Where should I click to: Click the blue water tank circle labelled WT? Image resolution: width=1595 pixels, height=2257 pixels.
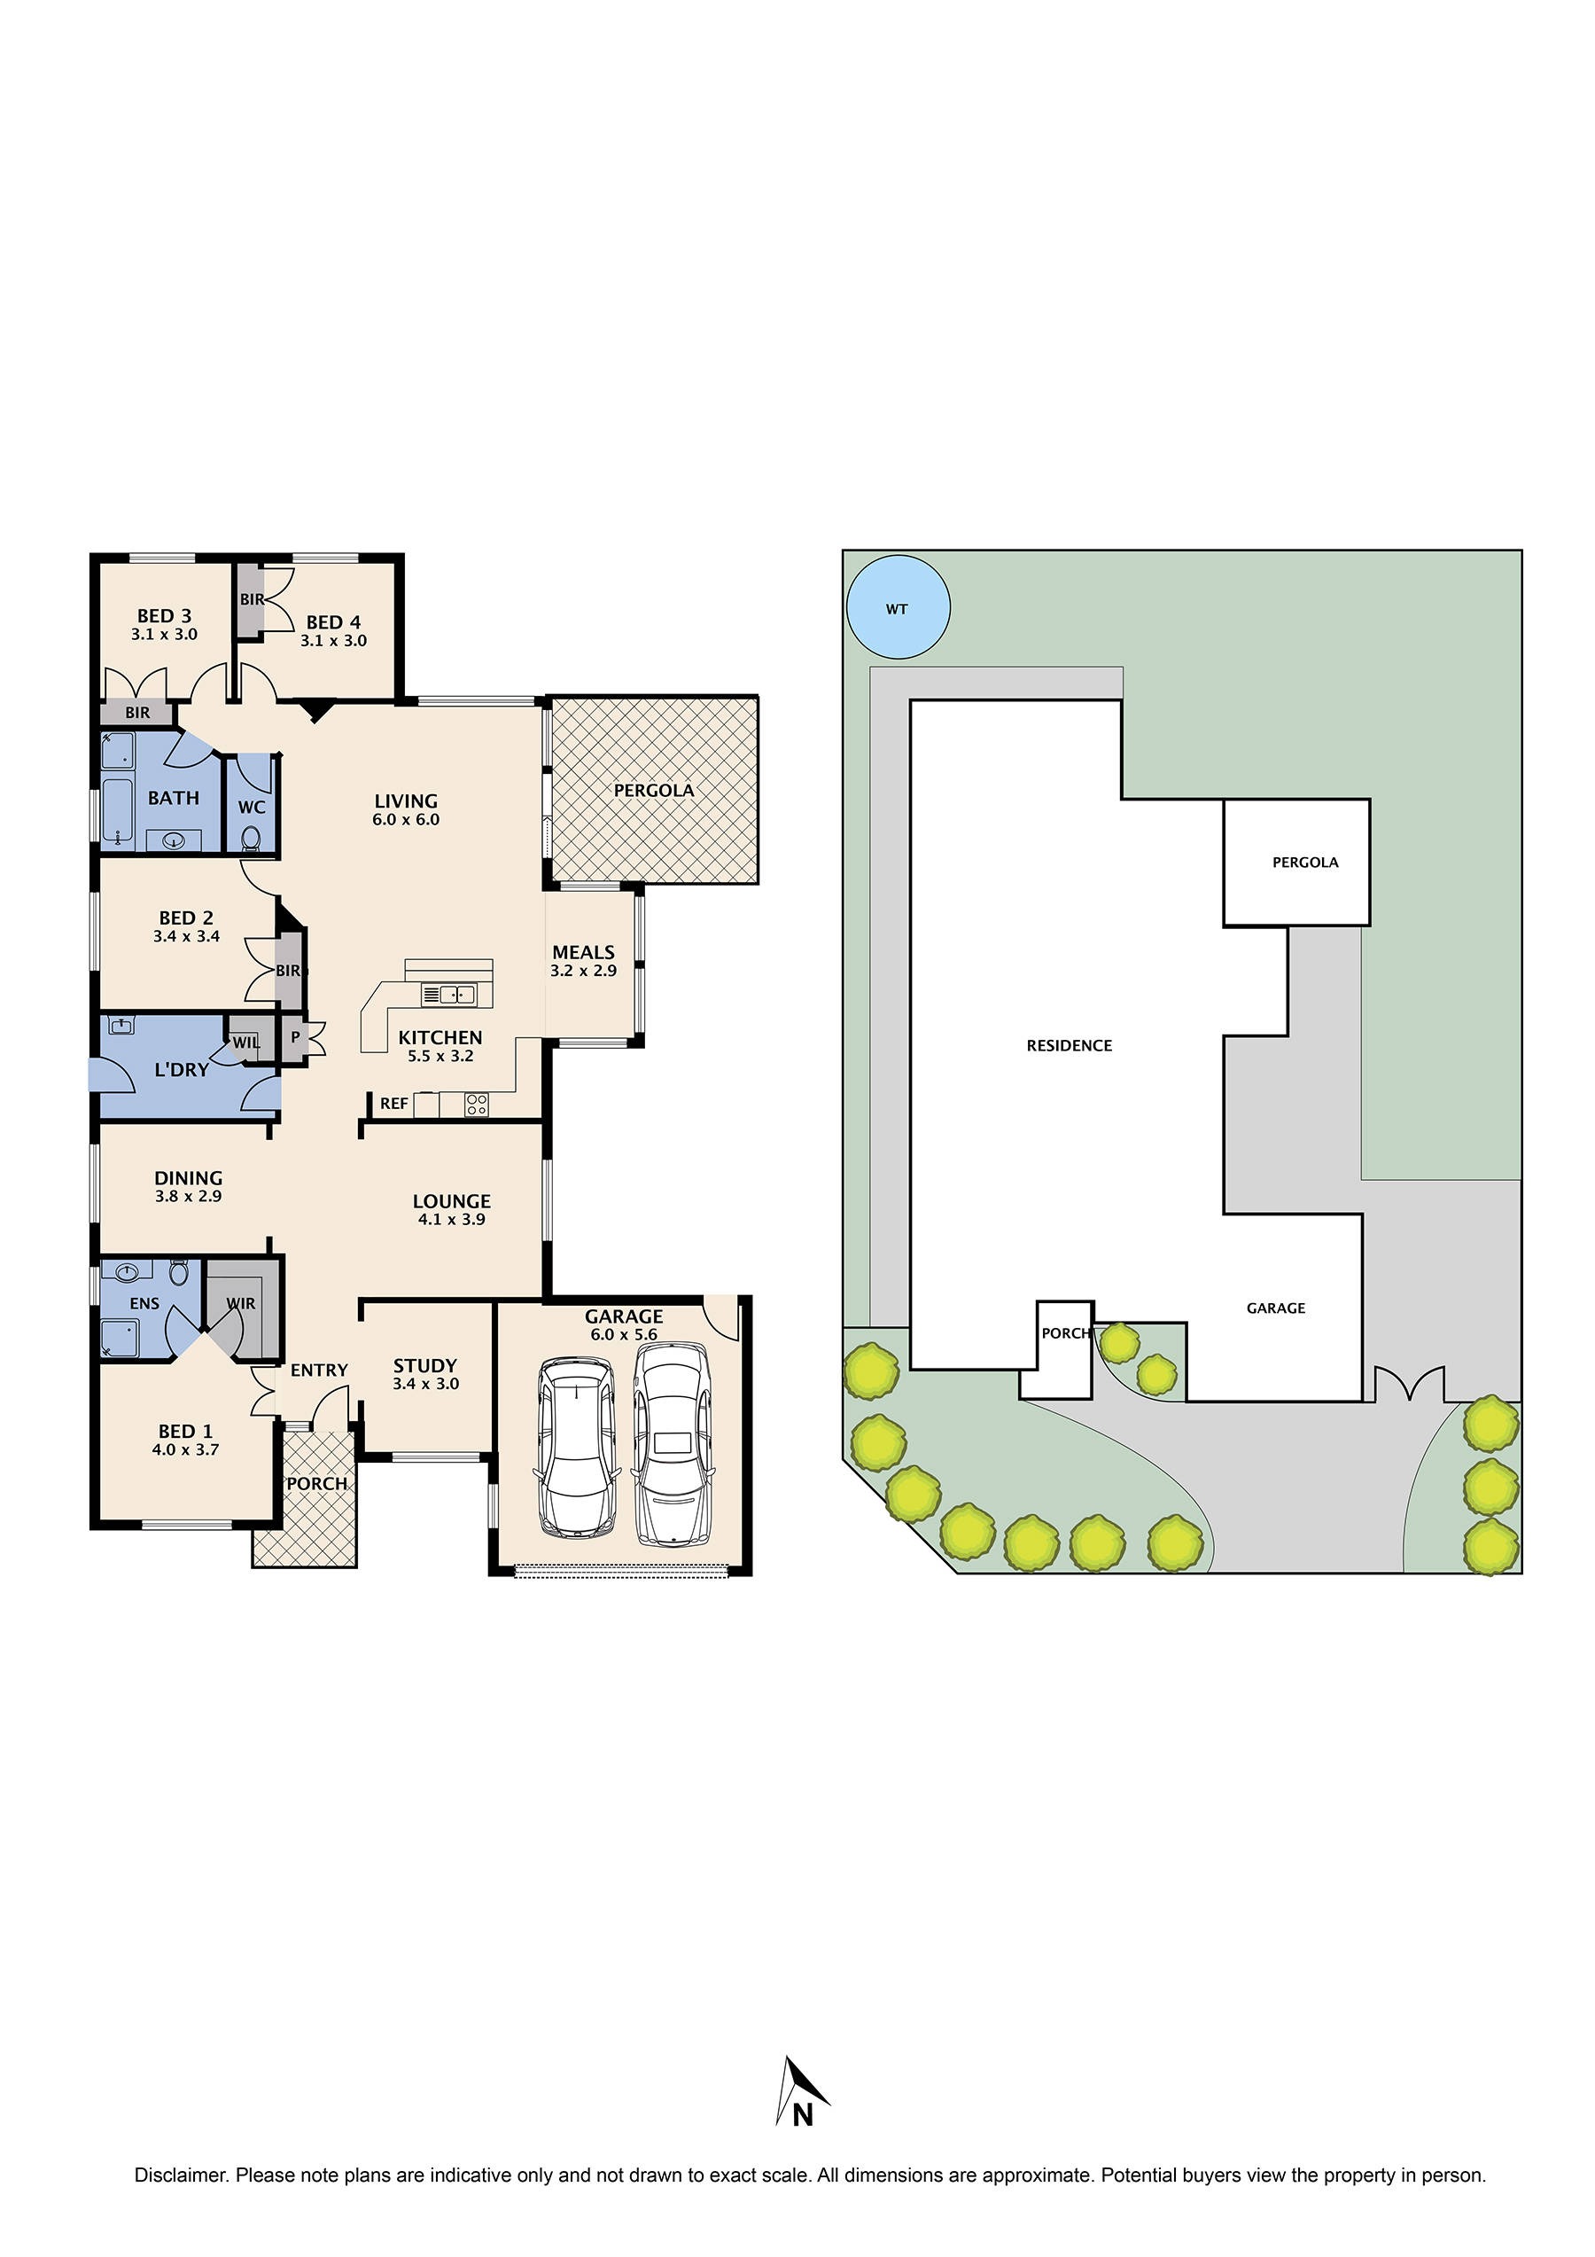pyautogui.click(x=898, y=606)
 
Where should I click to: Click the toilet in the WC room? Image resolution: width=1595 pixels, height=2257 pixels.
pyautogui.click(x=252, y=837)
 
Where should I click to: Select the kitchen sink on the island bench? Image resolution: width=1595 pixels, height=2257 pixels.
pyautogui.click(x=448, y=995)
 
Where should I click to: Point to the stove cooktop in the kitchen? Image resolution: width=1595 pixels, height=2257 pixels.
pyautogui.click(x=477, y=1104)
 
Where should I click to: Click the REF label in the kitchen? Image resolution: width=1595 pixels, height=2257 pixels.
pyautogui.click(x=393, y=1104)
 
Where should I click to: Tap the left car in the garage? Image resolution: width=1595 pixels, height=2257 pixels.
pyautogui.click(x=577, y=1446)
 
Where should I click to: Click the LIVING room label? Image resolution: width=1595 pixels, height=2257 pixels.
pyautogui.click(x=406, y=801)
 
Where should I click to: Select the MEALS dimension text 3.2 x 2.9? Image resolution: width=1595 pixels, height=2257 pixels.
pyautogui.click(x=583, y=970)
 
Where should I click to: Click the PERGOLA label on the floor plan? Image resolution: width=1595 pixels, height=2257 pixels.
pyautogui.click(x=654, y=791)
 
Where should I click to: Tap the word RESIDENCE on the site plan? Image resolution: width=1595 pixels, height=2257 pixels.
pyautogui.click(x=1070, y=1046)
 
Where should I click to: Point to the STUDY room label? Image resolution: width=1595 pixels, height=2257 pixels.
pyautogui.click(x=424, y=1365)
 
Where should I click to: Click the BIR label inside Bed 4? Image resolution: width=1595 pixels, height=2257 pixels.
pyautogui.click(x=252, y=598)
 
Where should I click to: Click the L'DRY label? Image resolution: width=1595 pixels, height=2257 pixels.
pyautogui.click(x=182, y=1069)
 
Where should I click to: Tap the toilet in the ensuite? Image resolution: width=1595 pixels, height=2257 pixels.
pyautogui.click(x=179, y=1272)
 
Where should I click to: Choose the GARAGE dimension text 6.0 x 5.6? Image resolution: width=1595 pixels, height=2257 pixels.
pyautogui.click(x=623, y=1334)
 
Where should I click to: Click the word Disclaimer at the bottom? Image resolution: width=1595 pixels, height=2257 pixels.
pyautogui.click(x=181, y=2175)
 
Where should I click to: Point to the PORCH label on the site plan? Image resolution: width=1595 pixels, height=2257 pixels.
pyautogui.click(x=1065, y=1333)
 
